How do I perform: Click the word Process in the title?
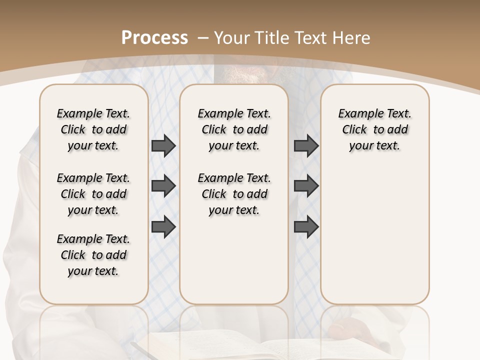[x=154, y=38]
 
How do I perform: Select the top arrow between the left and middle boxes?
[x=163, y=145]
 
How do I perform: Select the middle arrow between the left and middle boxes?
[x=163, y=186]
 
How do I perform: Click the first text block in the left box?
[x=93, y=129]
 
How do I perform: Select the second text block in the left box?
[x=93, y=194]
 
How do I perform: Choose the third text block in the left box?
[x=93, y=255]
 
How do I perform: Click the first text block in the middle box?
[x=234, y=129]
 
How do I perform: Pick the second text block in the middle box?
[x=234, y=194]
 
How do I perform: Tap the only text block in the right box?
[x=374, y=129]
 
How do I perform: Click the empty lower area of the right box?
[x=374, y=235]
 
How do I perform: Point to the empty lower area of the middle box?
[x=234, y=260]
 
